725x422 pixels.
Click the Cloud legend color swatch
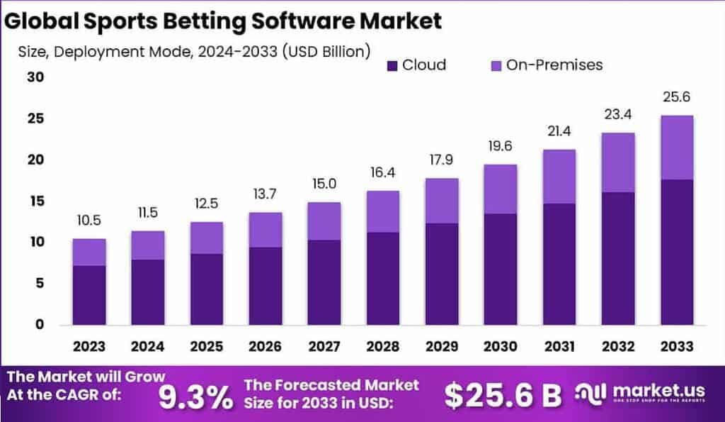[x=393, y=66]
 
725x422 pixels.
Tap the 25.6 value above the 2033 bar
[x=677, y=96]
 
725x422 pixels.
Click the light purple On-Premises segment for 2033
[x=677, y=148]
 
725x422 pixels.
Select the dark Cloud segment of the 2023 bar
[x=89, y=295]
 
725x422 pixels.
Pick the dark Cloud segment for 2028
[x=383, y=278]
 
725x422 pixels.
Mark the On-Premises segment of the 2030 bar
[x=501, y=189]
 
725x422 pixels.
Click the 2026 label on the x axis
[x=266, y=346]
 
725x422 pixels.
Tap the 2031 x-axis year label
[x=559, y=346]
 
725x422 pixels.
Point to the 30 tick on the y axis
[x=35, y=77]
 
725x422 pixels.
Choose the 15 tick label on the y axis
[x=35, y=201]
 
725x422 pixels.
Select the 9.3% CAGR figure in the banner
[x=195, y=396]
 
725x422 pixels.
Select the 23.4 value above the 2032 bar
[x=618, y=115]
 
